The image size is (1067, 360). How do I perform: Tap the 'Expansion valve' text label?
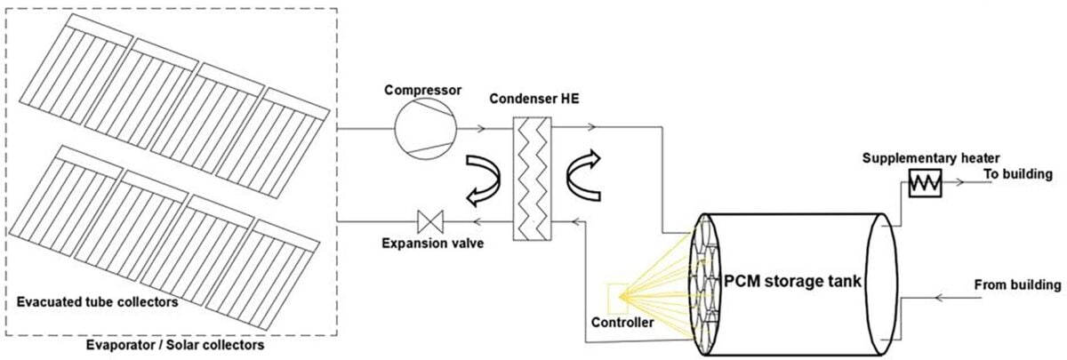tap(432, 242)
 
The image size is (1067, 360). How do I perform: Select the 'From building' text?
tap(1017, 285)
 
